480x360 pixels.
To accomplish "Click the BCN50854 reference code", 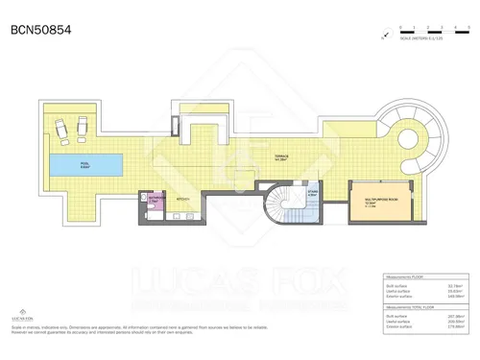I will point(40,30).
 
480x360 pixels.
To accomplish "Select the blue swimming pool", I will point(87,164).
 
